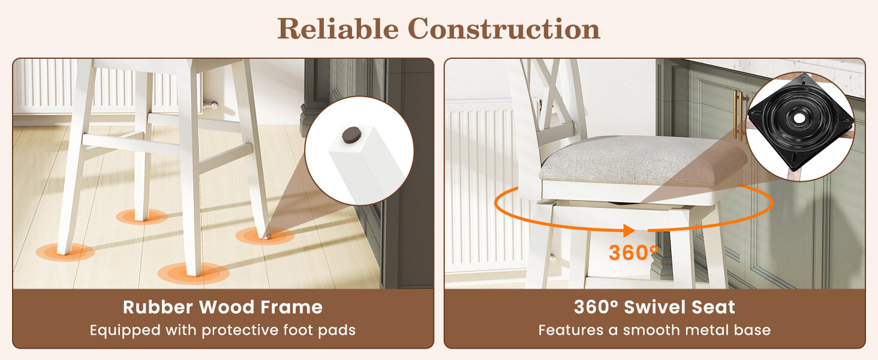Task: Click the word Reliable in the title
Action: [x=338, y=29]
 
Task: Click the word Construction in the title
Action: [x=504, y=29]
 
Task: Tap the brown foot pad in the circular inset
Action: [x=352, y=134]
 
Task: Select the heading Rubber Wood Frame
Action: [x=222, y=307]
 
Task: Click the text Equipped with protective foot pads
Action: [x=222, y=330]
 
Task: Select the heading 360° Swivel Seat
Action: [x=654, y=307]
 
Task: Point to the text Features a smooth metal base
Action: [x=654, y=330]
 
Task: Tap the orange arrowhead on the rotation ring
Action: [x=629, y=230]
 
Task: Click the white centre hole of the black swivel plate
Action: [x=799, y=118]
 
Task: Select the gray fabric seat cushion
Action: [x=643, y=161]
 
